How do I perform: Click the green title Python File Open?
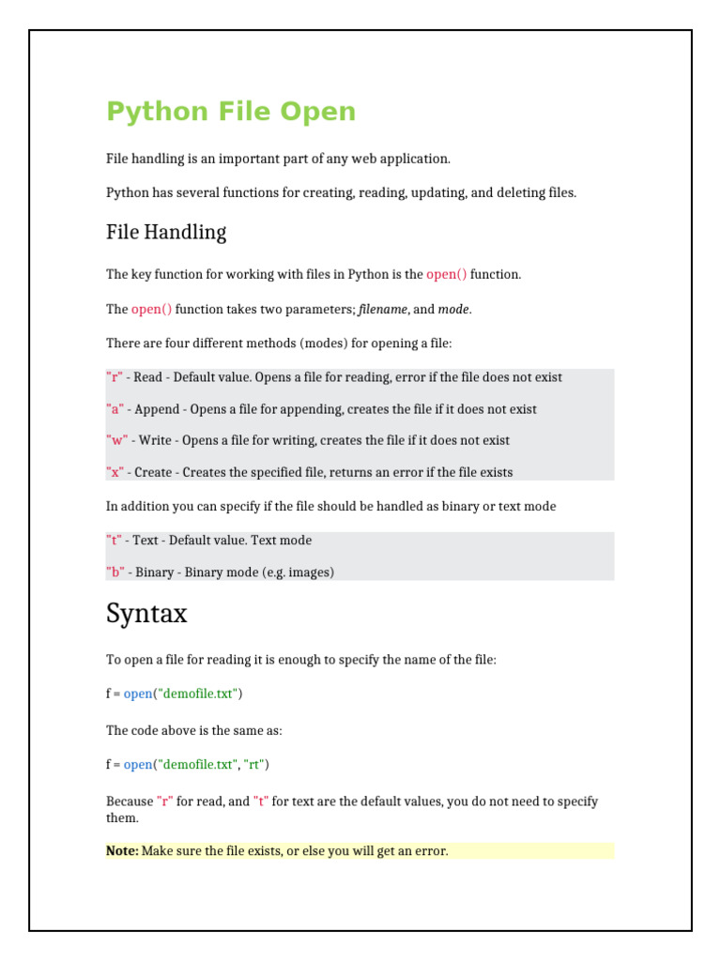231,112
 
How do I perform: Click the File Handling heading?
166,232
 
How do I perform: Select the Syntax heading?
146,614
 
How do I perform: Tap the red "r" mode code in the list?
115,377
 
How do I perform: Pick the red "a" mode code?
115,409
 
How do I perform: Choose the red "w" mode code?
117,440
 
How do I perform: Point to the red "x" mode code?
115,472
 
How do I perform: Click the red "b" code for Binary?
115,572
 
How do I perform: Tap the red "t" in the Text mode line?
115,541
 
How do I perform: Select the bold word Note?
122,851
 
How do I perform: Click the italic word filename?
383,309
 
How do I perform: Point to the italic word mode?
454,309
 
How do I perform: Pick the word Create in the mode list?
153,472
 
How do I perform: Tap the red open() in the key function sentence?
446,274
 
